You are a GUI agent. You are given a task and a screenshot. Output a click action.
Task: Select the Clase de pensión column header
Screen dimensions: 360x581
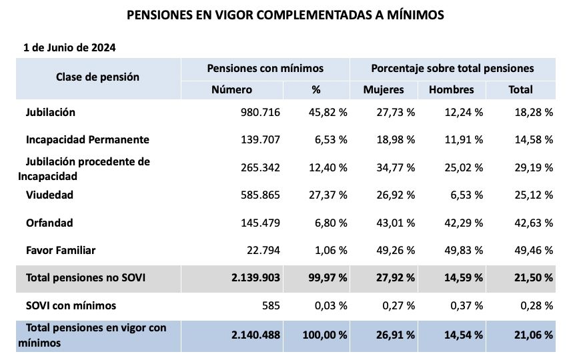97,77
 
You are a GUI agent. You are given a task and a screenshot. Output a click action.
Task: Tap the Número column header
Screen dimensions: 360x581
231,89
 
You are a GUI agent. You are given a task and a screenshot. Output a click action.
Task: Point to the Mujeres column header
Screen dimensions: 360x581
384,89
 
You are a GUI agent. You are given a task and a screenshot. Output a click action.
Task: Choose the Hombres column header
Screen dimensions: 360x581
451,89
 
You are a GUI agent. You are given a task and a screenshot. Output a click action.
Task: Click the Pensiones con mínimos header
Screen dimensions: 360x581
265,68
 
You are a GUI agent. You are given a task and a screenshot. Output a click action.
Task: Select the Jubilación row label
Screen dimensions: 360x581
50,112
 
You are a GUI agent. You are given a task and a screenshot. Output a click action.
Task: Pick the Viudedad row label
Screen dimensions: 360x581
49,195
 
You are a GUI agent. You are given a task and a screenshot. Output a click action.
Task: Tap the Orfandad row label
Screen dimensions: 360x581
49,223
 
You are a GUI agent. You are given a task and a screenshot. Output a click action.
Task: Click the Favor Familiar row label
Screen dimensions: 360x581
60,251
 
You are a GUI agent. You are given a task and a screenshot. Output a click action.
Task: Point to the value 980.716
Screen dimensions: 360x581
260,112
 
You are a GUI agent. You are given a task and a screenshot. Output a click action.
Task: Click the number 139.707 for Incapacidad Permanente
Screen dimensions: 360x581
260,140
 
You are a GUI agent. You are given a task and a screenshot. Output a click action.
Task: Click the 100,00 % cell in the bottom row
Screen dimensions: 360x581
325,334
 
